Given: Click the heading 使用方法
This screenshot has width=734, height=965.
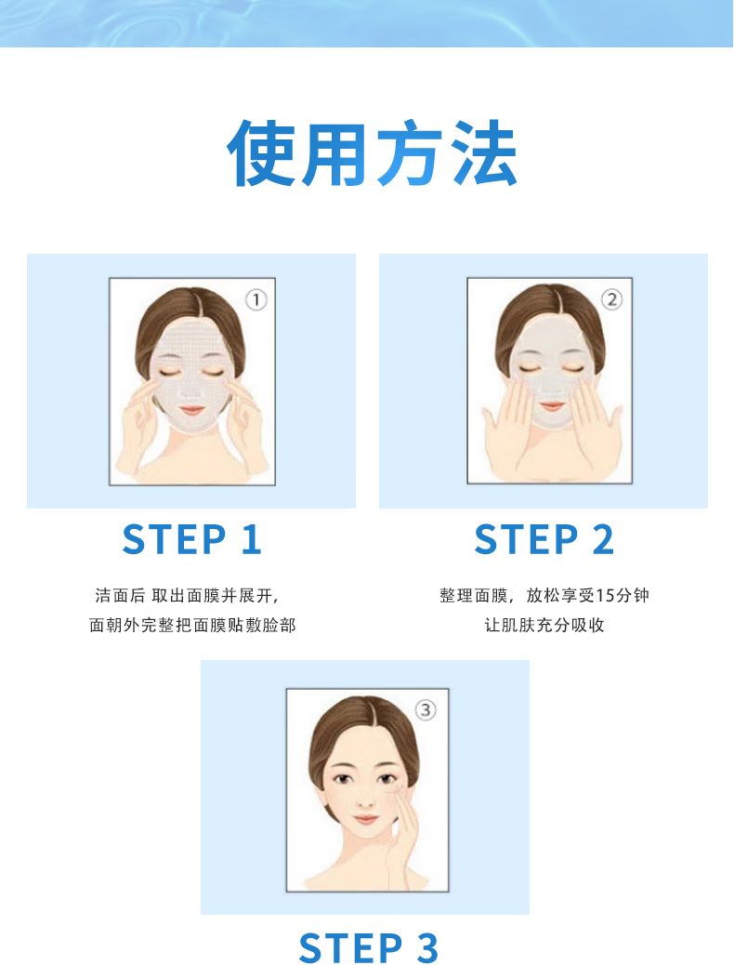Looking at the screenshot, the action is (373, 153).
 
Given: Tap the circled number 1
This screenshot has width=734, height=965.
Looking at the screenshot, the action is (256, 300).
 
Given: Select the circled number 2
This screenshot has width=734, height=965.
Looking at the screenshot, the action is (611, 299).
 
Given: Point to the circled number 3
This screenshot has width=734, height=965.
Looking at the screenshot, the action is (426, 710).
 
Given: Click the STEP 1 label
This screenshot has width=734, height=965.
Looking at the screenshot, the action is (192, 539).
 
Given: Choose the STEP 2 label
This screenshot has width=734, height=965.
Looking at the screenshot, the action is (544, 539).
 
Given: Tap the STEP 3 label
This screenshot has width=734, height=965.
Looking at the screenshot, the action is (369, 947).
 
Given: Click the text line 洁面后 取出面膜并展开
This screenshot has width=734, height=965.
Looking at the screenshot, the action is (187, 596).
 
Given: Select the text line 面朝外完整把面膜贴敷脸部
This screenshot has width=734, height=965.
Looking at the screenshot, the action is (192, 626).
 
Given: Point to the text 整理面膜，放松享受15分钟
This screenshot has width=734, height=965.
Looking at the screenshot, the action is (544, 595).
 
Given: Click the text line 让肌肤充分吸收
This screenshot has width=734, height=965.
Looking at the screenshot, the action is (544, 626).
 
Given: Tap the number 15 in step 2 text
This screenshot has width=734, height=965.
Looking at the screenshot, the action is (606, 596).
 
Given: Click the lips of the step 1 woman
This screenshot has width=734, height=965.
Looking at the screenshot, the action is (191, 410).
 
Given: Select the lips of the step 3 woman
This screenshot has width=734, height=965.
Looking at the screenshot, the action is (365, 820).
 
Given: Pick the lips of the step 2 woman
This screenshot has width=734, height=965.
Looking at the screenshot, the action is (551, 405).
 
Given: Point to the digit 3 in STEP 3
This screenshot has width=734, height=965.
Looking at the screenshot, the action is (427, 947).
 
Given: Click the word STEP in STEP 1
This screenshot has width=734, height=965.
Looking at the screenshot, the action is (175, 539).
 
